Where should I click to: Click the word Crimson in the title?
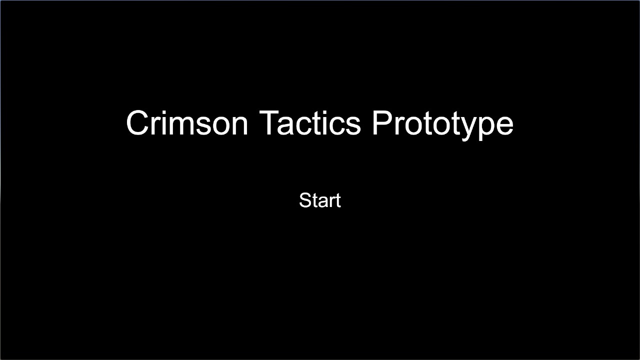click(187, 123)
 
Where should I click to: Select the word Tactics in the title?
click(310, 123)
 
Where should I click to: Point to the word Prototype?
click(443, 125)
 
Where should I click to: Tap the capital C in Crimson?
click(137, 123)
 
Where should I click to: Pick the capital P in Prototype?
click(381, 123)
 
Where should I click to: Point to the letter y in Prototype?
click(465, 129)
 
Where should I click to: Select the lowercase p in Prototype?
click(485, 129)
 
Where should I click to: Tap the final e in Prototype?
click(505, 126)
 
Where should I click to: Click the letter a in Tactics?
click(285, 126)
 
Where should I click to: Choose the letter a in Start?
click(321, 202)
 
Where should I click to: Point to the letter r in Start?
click(331, 202)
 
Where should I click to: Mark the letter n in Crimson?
click(240, 125)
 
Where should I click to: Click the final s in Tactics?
click(353, 126)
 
